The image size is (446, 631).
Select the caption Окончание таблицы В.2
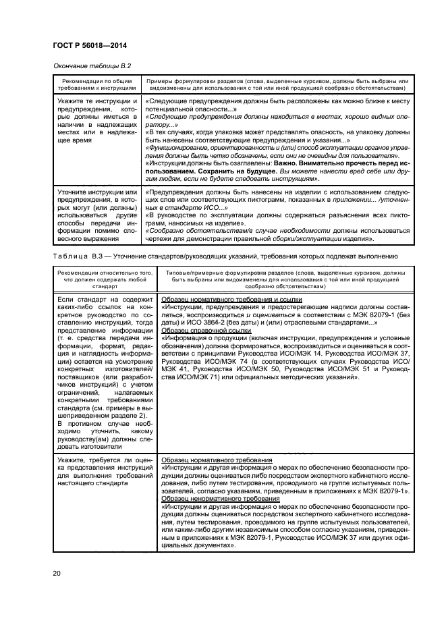pyautogui.click(x=91, y=66)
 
